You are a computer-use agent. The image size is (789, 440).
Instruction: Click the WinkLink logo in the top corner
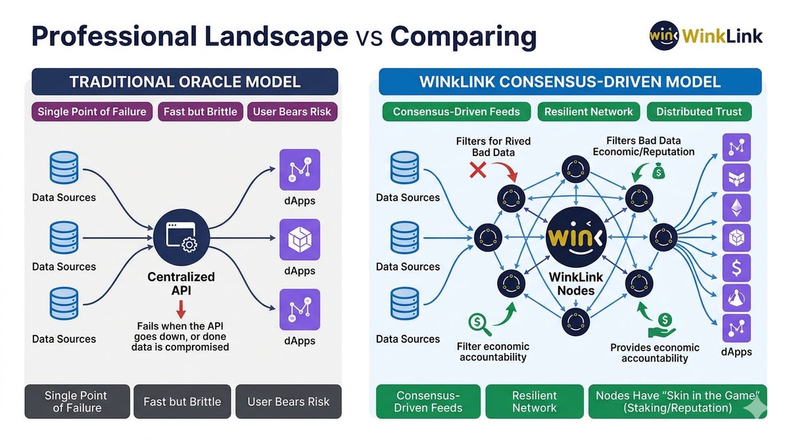coord(705,35)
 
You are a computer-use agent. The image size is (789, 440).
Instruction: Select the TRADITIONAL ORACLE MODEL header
coord(185,82)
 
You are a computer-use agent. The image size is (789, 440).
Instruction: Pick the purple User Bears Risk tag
coord(292,111)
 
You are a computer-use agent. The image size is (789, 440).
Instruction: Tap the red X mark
coord(477,171)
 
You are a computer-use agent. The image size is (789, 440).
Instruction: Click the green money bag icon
coord(659,171)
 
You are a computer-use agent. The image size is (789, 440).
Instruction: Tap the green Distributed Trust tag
coord(699,111)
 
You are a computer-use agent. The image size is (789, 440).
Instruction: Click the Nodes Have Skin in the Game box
coord(677,401)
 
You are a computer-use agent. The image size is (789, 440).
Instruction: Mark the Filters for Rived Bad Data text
coord(493,146)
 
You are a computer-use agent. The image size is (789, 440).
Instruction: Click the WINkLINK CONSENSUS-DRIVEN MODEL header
coord(570,82)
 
